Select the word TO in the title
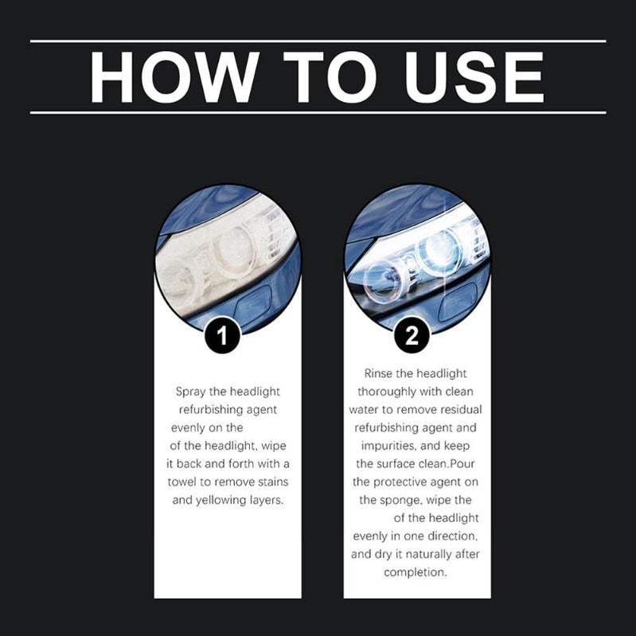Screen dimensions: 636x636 pos(327,76)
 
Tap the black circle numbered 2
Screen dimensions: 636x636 pos(411,335)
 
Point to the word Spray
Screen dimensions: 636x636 pos(191,392)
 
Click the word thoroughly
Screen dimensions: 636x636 pos(388,392)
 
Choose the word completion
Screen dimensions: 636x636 pos(416,572)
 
